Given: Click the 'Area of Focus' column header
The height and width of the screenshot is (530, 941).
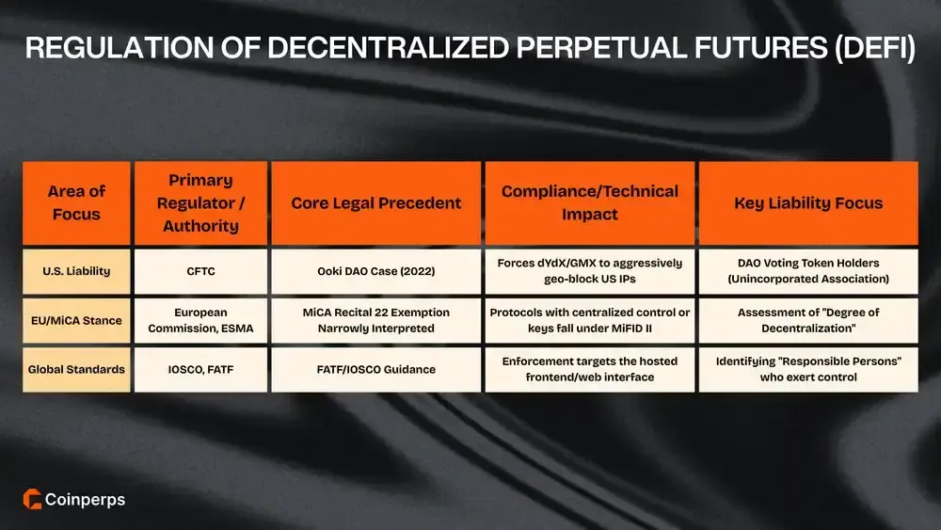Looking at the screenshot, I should click(x=76, y=202).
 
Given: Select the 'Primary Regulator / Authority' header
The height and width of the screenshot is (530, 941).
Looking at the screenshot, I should click(x=200, y=202).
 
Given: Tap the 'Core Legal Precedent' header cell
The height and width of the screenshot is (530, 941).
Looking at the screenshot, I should click(x=376, y=202).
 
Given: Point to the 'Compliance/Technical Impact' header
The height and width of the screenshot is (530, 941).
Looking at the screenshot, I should click(x=590, y=202).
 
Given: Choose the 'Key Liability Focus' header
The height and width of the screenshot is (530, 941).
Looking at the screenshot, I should click(x=808, y=202).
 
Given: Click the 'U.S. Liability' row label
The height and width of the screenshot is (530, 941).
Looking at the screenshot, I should click(x=76, y=271).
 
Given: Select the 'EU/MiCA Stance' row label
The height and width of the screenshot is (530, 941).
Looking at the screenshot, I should click(x=76, y=320).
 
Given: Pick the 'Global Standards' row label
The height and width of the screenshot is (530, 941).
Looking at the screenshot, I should click(x=76, y=369).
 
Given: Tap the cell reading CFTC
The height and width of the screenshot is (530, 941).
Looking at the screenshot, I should click(x=200, y=271).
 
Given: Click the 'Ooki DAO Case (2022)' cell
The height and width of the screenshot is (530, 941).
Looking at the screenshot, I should click(x=376, y=271).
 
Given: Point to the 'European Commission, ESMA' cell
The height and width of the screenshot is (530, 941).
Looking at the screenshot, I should click(x=200, y=320).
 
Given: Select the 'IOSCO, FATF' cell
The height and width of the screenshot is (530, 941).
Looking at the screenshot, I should click(x=200, y=369).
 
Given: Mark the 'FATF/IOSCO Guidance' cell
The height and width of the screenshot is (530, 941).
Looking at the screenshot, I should click(x=376, y=369).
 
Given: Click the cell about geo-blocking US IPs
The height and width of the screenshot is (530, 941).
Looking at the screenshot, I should click(x=590, y=271).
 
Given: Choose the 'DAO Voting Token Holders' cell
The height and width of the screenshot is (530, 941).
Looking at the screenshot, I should click(x=808, y=271).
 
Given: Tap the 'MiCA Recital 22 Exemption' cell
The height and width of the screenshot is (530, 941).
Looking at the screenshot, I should click(x=376, y=320).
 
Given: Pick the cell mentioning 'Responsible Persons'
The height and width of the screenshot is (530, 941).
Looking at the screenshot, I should click(x=808, y=369).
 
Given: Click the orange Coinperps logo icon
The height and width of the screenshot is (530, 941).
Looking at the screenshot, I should click(x=31, y=500).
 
